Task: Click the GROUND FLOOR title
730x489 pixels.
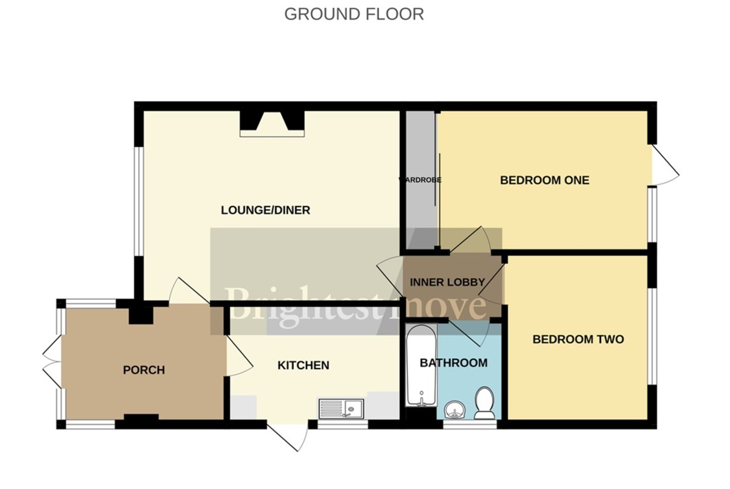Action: point(354,14)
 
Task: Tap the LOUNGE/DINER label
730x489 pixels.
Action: point(265,211)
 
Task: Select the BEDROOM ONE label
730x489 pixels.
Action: point(544,181)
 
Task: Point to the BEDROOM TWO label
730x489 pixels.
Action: point(578,340)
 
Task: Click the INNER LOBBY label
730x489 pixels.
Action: point(447,283)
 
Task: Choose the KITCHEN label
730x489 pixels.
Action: point(303,365)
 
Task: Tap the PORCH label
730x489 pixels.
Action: point(144,370)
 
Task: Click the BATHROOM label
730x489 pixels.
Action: point(453,363)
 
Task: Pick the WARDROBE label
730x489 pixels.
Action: point(420,180)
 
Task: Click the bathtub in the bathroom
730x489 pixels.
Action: point(420,365)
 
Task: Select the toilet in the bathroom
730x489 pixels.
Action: point(485,403)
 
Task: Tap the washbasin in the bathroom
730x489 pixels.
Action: point(454,410)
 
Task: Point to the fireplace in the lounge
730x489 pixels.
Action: point(271,124)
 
